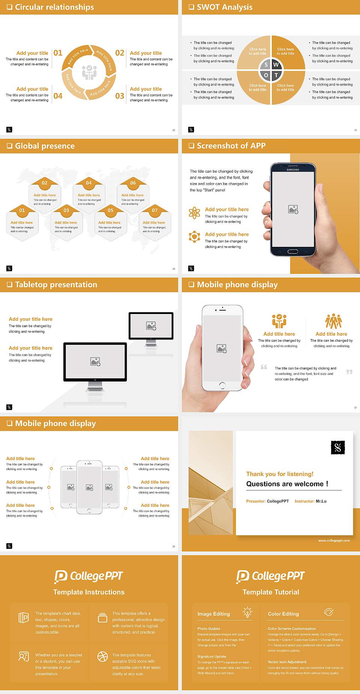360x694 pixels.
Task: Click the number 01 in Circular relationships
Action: [x=58, y=53]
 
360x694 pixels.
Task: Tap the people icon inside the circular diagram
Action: [x=89, y=72]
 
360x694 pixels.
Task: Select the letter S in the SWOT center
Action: [x=266, y=65]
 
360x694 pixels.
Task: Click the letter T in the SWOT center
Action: [x=276, y=75]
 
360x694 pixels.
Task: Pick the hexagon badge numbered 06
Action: [x=133, y=183]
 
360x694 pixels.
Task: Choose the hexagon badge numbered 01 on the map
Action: [x=22, y=210]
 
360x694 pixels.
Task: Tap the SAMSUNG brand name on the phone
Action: [x=293, y=170]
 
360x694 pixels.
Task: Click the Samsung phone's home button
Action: [x=293, y=252]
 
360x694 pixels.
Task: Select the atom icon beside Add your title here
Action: [x=194, y=213]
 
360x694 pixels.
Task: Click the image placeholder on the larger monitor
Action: [x=95, y=361]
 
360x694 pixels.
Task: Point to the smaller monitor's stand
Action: [x=151, y=343]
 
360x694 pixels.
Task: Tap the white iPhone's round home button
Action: [x=222, y=385]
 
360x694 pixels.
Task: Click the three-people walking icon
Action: [x=333, y=321]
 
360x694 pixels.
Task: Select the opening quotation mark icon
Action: [x=264, y=367]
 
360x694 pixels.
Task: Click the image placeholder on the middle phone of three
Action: [x=89, y=487]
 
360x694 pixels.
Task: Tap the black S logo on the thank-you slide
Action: [x=337, y=447]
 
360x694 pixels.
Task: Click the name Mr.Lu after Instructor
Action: [x=321, y=501]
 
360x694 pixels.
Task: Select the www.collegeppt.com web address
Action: [x=334, y=541]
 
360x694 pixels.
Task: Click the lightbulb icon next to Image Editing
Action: [x=247, y=612]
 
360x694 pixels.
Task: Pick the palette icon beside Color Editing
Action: [x=328, y=612]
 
